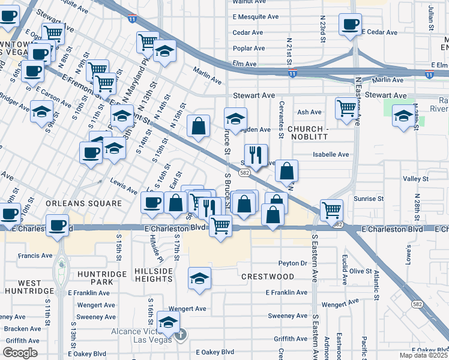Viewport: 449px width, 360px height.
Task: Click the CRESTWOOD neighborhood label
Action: coord(268,277)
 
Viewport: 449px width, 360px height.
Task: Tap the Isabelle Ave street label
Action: coord(331,154)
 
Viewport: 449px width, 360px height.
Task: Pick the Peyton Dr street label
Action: coord(293,263)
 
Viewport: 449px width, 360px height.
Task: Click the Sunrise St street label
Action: coord(369,198)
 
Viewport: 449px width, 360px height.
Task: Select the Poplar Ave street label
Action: coord(248,48)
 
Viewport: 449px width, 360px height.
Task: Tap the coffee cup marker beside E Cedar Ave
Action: coord(349,24)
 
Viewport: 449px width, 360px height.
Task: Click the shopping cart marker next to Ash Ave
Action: coord(346,109)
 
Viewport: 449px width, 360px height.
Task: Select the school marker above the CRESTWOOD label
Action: coord(199,278)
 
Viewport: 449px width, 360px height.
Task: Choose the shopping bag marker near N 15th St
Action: coord(198,126)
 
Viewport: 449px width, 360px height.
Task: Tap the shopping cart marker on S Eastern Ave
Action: coord(331,210)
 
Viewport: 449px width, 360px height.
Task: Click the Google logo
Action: coord(20,353)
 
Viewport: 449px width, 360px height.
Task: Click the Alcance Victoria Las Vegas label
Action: coord(142,336)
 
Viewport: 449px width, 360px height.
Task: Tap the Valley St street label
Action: coord(416,178)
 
